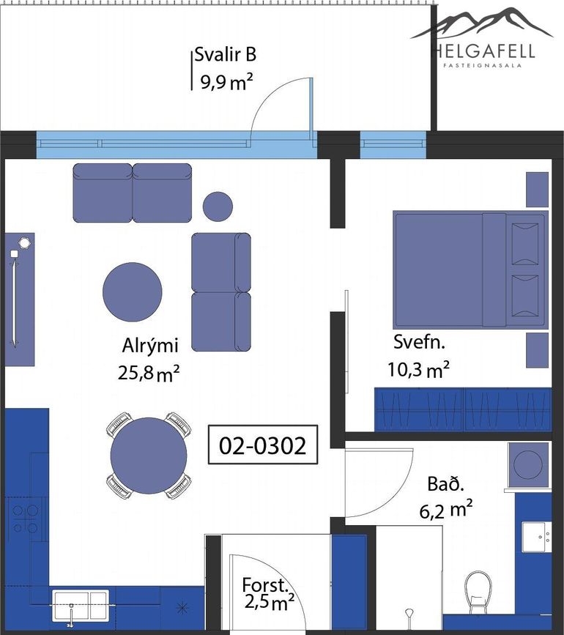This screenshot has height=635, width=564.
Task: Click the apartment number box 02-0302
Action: click(x=263, y=445)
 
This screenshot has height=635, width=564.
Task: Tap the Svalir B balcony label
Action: click(x=225, y=54)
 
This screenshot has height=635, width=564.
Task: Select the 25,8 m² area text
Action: click(x=149, y=373)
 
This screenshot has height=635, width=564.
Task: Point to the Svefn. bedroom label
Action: click(x=419, y=342)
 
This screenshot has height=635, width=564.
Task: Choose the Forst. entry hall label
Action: click(x=265, y=585)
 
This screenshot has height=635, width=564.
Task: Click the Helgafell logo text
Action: click(x=482, y=51)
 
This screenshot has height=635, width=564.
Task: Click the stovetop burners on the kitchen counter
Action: click(x=25, y=519)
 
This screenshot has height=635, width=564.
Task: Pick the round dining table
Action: click(x=149, y=456)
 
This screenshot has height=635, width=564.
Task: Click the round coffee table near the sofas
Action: click(x=133, y=292)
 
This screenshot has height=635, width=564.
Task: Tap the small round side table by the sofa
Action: click(x=218, y=207)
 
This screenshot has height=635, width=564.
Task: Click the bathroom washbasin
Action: click(x=536, y=537)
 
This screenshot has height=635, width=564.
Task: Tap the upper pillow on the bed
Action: click(x=525, y=244)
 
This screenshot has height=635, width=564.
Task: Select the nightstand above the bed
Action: click(x=538, y=189)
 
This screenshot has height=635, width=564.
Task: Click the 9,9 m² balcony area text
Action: click(x=227, y=82)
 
